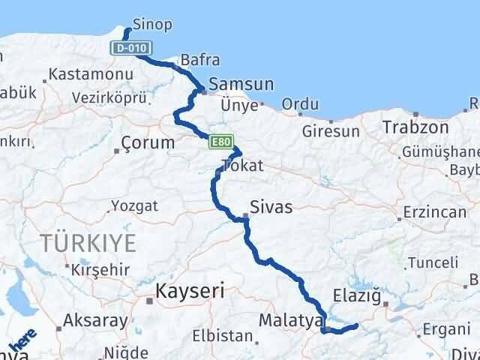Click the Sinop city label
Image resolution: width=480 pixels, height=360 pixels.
(151, 24)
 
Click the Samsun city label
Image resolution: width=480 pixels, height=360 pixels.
(241, 84)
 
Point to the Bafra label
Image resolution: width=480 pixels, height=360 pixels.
(196, 60)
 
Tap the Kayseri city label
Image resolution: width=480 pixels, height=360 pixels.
(190, 290)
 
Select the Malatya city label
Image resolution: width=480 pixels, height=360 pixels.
(289, 321)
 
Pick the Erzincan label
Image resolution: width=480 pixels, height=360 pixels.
(434, 213)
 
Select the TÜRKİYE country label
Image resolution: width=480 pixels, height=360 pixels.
(89, 242)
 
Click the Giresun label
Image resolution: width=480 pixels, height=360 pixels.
(331, 131)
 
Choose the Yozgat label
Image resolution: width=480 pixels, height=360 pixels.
(134, 205)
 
